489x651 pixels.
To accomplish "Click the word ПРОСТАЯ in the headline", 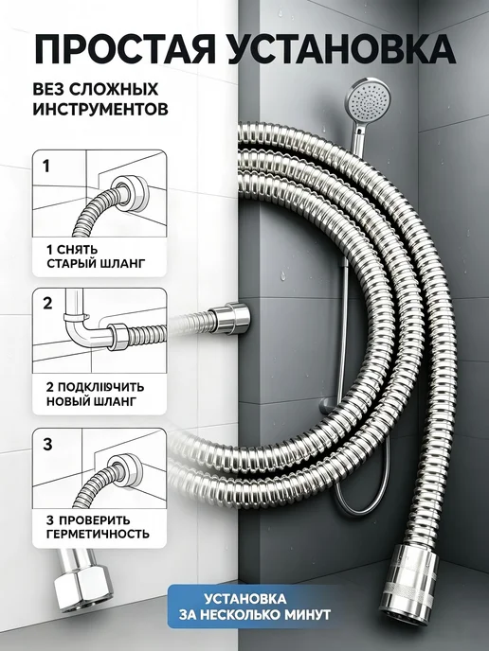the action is click(124, 49).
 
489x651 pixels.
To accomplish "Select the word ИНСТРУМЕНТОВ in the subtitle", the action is click(100, 109).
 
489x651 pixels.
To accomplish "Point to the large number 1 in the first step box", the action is click(46, 167).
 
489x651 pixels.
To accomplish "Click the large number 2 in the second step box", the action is click(47, 304).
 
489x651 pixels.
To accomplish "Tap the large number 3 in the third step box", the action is click(47, 444).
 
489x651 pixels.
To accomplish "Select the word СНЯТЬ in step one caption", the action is click(77, 250).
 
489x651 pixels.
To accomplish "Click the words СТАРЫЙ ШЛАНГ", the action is click(96, 264).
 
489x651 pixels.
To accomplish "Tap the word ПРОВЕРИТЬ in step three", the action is click(95, 520).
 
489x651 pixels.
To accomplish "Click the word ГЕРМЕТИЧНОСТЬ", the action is click(98, 534).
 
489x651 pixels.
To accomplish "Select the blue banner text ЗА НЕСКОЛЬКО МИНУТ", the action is click(255, 614).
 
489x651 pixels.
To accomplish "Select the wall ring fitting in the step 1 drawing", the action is click(130, 192).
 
